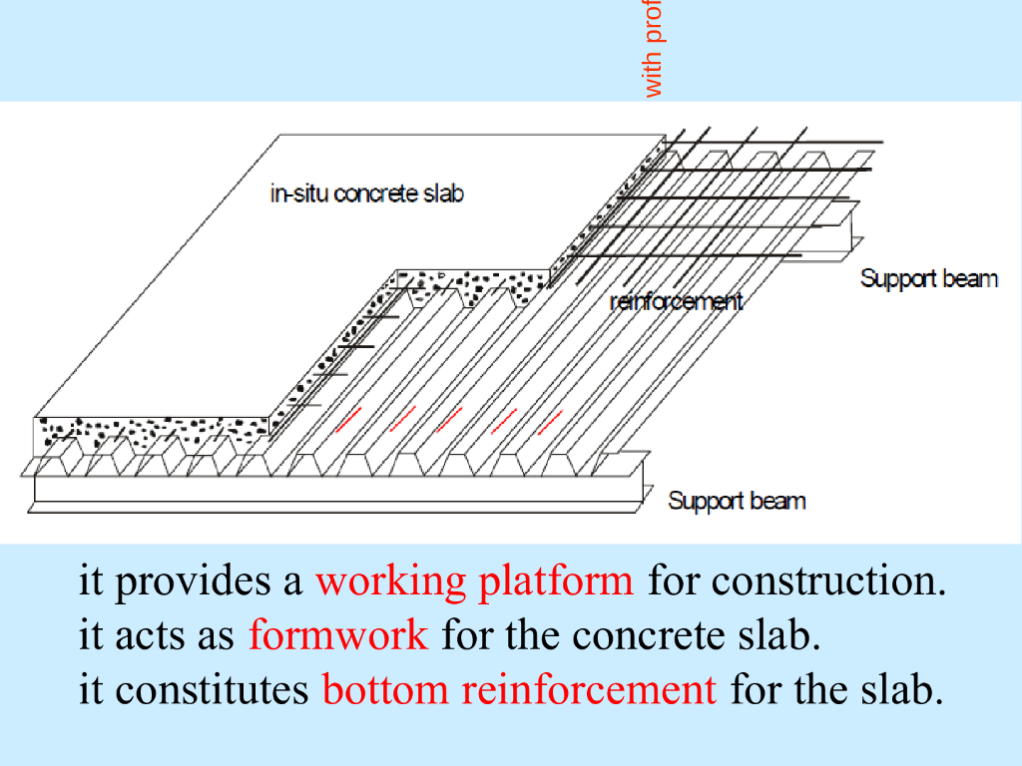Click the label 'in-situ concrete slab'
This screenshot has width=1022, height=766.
366,193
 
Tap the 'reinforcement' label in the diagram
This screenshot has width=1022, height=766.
676,301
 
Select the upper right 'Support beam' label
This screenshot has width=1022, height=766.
928,278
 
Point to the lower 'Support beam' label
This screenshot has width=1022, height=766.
736,501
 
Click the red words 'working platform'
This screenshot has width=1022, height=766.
474,580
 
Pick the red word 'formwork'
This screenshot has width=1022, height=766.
338,634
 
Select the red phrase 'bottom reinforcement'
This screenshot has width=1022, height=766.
519,689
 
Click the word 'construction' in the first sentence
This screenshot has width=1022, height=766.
828,580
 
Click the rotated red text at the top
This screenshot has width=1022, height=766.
654,49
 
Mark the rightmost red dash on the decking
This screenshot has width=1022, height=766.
550,422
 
